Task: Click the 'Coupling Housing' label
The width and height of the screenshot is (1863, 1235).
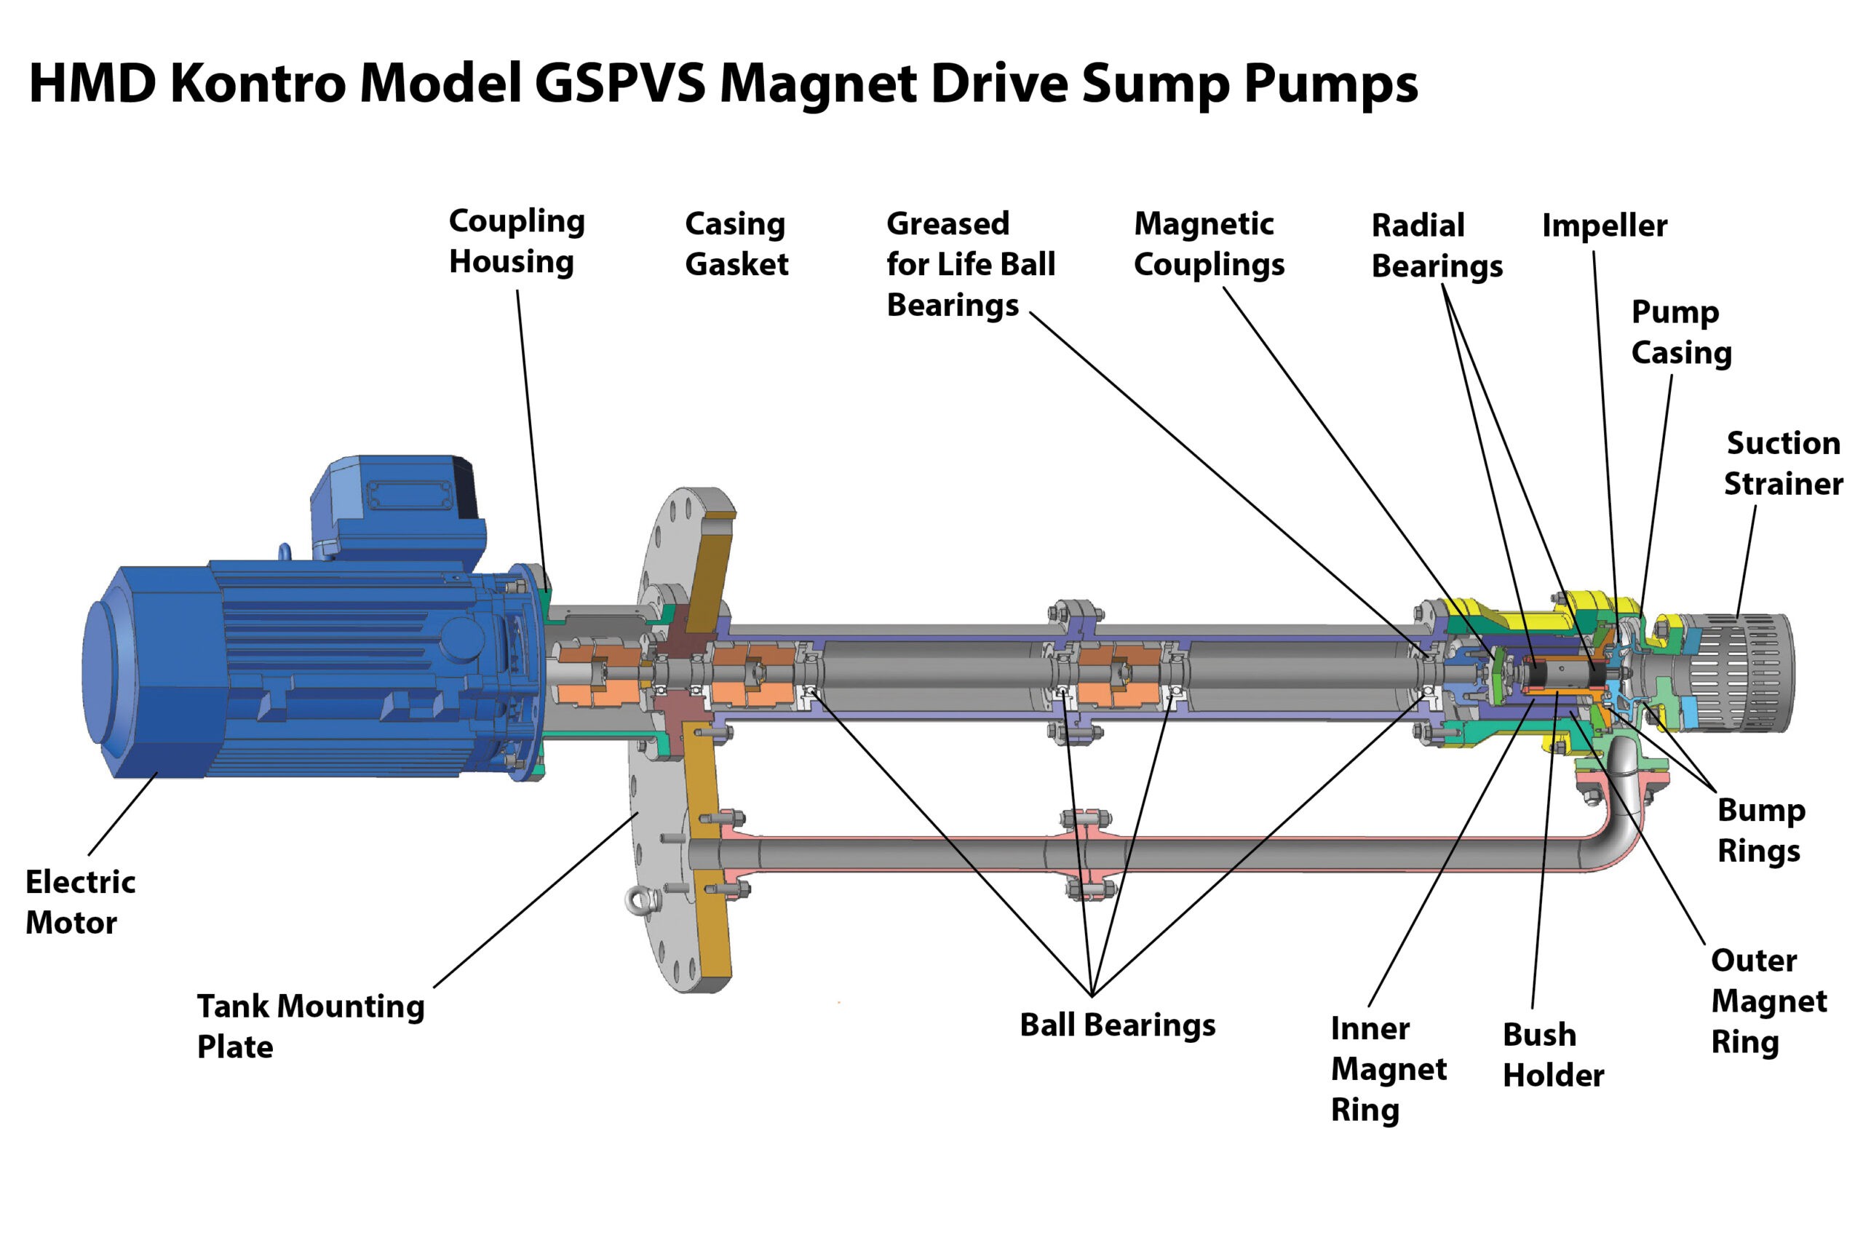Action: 516,241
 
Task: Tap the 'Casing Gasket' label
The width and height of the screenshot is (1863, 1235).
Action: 736,243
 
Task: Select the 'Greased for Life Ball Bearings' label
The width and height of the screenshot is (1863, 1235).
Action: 970,264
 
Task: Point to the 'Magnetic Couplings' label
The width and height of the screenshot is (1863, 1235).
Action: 1208,245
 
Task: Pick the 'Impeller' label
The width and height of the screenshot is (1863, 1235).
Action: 1603,226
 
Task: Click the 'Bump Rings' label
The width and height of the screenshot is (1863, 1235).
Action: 1760,831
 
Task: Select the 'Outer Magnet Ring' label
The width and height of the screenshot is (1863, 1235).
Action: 1768,1001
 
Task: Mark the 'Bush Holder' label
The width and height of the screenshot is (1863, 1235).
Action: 1552,1055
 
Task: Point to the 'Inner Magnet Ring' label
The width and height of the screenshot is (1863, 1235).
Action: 1387,1069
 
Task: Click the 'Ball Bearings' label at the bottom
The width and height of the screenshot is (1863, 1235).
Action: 1116,1025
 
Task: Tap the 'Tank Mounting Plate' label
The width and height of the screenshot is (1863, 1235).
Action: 310,1026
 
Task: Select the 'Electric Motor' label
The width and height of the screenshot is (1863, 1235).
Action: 79,902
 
